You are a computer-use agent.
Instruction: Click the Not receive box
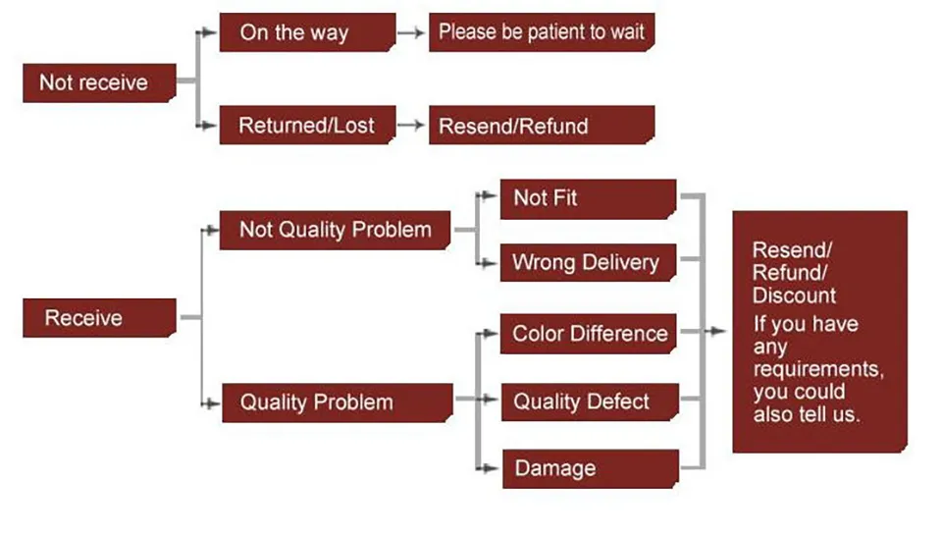(99, 82)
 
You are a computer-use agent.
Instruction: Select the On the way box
(307, 31)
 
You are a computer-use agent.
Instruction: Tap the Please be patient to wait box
(542, 31)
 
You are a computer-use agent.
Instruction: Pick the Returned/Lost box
(307, 125)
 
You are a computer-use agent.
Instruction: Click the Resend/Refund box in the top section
(542, 125)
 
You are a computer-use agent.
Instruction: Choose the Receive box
(99, 317)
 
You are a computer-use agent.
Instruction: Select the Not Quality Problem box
(335, 230)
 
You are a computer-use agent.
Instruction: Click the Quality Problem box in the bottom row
(337, 403)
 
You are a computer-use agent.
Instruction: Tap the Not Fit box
(588, 198)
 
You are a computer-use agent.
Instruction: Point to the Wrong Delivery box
(588, 262)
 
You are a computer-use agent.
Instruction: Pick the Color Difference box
(588, 333)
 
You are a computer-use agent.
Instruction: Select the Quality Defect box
(590, 402)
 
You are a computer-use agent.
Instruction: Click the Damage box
(591, 468)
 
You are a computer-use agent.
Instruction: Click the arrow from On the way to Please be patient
(411, 32)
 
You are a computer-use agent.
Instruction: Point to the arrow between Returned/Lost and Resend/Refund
(411, 125)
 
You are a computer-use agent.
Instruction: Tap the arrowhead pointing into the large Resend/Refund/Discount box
(718, 331)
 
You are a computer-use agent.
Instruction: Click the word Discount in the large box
(794, 295)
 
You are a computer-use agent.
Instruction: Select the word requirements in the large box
(818, 368)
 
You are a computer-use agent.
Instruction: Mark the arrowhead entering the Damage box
(491, 468)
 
